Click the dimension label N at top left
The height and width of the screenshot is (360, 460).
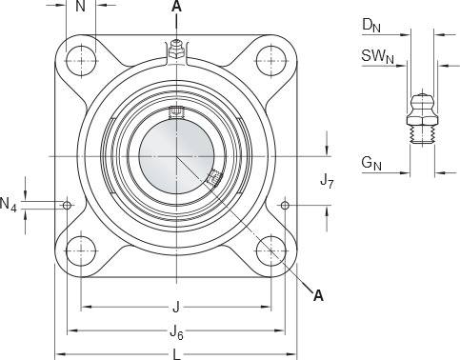(x=81, y=6)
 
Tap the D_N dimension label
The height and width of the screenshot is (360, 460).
(x=371, y=25)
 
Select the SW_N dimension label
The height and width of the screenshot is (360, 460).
(x=377, y=56)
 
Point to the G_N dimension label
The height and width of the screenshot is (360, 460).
(x=371, y=163)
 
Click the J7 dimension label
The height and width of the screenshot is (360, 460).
(x=327, y=181)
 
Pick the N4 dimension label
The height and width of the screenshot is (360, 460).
(x=9, y=204)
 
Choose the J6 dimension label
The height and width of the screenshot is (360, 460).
(x=177, y=333)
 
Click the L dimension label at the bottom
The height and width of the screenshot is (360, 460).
(x=176, y=354)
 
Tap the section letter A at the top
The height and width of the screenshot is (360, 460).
(x=176, y=6)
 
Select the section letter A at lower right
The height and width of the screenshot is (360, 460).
(x=318, y=295)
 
